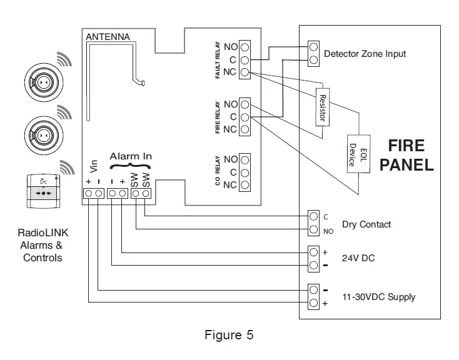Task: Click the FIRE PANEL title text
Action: pyautogui.click(x=406, y=155)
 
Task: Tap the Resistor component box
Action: pyautogui.click(x=322, y=106)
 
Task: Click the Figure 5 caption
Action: pyautogui.click(x=229, y=335)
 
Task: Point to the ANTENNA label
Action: pyautogui.click(x=108, y=37)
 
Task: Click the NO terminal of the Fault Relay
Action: pyautogui.click(x=245, y=47)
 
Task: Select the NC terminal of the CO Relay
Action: pyautogui.click(x=245, y=185)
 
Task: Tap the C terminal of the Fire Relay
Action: pyautogui.click(x=245, y=117)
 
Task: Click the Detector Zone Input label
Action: pyautogui.click(x=365, y=54)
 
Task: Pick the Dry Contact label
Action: pyautogui.click(x=366, y=224)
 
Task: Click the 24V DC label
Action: pyautogui.click(x=358, y=258)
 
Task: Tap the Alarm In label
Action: pyautogui.click(x=131, y=156)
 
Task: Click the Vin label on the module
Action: pyautogui.click(x=94, y=165)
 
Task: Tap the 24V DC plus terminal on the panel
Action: pyautogui.click(x=314, y=252)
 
